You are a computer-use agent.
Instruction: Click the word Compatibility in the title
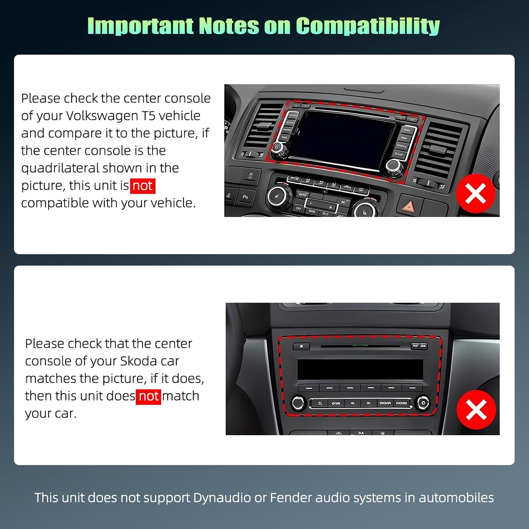(x=367, y=26)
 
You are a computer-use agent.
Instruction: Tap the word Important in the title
(x=140, y=26)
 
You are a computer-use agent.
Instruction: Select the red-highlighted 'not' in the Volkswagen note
(x=142, y=186)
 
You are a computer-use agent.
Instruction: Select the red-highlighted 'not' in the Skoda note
(x=148, y=396)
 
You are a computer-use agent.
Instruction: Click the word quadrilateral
(x=60, y=168)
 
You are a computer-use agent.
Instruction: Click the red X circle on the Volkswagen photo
(x=475, y=193)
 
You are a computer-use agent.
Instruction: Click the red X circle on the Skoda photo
(x=476, y=410)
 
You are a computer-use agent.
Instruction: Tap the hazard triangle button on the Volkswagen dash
(x=409, y=206)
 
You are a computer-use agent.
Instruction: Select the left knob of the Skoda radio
(x=298, y=403)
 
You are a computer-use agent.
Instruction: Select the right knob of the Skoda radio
(x=422, y=403)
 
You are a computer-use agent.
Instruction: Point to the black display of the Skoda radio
(x=360, y=369)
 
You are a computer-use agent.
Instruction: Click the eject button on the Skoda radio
(x=301, y=346)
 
